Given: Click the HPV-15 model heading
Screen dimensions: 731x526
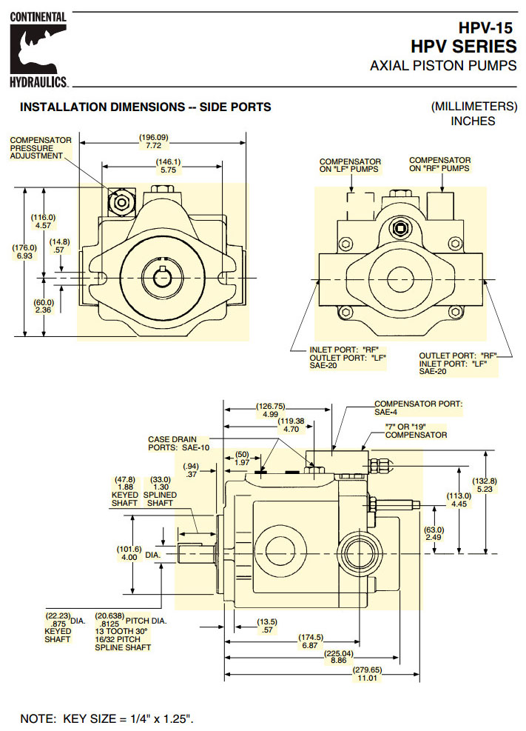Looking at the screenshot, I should pyautogui.click(x=486, y=28).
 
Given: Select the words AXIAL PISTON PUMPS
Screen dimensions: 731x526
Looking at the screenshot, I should pyautogui.click(x=442, y=66).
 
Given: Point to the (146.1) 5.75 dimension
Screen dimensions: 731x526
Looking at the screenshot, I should pyautogui.click(x=168, y=167).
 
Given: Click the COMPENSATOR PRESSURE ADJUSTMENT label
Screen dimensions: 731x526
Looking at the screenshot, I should pyautogui.click(x=41, y=147).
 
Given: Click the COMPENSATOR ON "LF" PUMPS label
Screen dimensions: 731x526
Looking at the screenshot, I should pyautogui.click(x=350, y=165).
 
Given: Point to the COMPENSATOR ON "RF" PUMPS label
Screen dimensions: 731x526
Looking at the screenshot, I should pyautogui.click(x=439, y=164).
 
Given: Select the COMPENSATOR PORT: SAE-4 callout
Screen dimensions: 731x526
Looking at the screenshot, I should pyautogui.click(x=418, y=407).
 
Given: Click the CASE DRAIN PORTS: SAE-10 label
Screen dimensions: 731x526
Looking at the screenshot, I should pyautogui.click(x=179, y=443).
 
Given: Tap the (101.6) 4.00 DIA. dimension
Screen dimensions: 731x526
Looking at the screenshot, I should pyautogui.click(x=128, y=553).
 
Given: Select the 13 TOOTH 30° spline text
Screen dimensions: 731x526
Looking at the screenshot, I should pyautogui.click(x=121, y=630).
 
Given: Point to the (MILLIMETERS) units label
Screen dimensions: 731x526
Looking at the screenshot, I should pyautogui.click(x=473, y=106).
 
